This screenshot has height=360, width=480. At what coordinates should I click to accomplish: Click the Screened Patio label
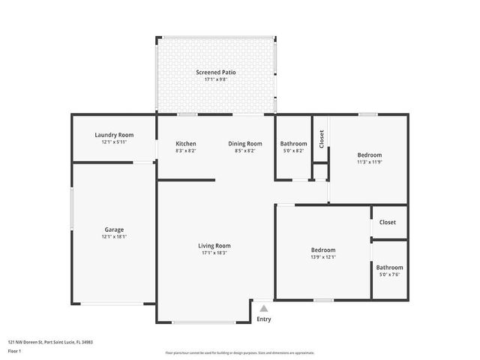[216, 73]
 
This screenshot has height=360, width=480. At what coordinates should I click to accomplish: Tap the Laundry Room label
[114, 135]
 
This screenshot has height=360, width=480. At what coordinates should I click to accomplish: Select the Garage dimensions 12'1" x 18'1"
[114, 237]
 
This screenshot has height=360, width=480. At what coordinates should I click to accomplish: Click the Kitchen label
[186, 144]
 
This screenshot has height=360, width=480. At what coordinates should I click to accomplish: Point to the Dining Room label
[245, 144]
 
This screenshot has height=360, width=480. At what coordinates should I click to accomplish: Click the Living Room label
[214, 246]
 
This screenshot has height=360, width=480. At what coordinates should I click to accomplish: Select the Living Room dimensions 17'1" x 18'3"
[214, 253]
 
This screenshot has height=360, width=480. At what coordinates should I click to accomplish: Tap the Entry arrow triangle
[263, 307]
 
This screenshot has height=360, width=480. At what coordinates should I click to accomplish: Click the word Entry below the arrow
[264, 319]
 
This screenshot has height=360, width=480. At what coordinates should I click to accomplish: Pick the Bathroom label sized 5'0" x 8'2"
[293, 144]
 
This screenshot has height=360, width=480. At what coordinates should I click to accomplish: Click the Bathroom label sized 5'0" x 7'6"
[389, 268]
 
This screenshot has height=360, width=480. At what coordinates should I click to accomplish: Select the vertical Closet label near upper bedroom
[321, 139]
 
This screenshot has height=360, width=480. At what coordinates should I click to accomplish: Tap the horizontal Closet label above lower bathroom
[388, 223]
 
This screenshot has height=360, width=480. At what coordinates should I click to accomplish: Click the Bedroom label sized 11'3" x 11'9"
[370, 155]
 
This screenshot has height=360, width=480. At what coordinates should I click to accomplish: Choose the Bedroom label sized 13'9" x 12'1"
[323, 250]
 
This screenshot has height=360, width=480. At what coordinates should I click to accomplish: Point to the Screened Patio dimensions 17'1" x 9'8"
[216, 79]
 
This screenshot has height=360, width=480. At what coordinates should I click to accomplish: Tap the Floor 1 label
[15, 350]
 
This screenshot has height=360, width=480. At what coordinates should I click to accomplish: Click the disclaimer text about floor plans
[240, 352]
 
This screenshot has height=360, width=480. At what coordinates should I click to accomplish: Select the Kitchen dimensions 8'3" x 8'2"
[186, 151]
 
